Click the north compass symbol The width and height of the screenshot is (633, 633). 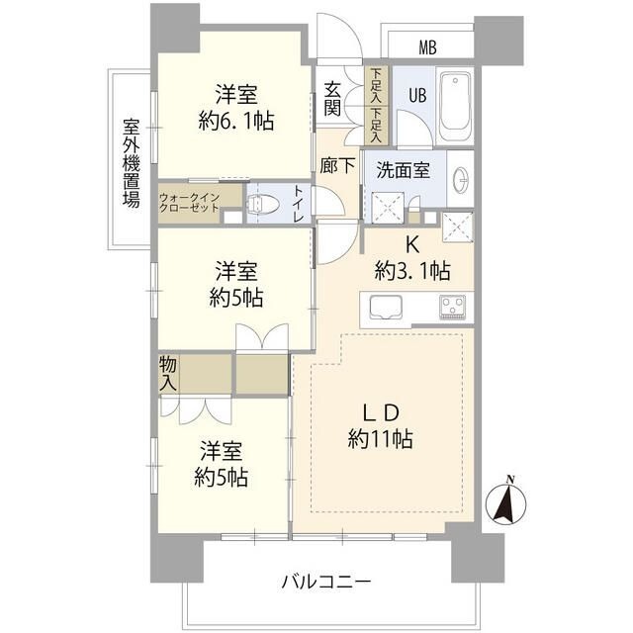(x=506, y=500)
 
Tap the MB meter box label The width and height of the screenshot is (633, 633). (x=427, y=47)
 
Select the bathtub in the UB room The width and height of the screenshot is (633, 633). (x=455, y=106)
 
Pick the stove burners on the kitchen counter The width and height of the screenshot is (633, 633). (x=452, y=308)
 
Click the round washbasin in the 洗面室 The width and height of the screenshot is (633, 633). (x=462, y=179)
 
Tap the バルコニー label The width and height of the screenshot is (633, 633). (x=326, y=582)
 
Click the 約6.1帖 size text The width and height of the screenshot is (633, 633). (x=236, y=121)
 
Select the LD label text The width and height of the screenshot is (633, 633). (x=381, y=412)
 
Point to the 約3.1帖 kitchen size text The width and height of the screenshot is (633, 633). (x=412, y=270)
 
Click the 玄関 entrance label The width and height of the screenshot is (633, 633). (x=332, y=99)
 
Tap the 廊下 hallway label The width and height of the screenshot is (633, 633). (x=337, y=165)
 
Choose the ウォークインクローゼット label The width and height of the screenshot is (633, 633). (x=189, y=203)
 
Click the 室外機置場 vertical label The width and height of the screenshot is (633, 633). (x=132, y=162)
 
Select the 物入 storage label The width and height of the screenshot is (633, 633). (x=168, y=374)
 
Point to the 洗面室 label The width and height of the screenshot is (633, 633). (x=403, y=170)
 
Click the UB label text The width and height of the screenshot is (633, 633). (x=417, y=96)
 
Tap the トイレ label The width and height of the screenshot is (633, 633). (x=299, y=204)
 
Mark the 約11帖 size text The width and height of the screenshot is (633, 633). (x=380, y=439)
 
